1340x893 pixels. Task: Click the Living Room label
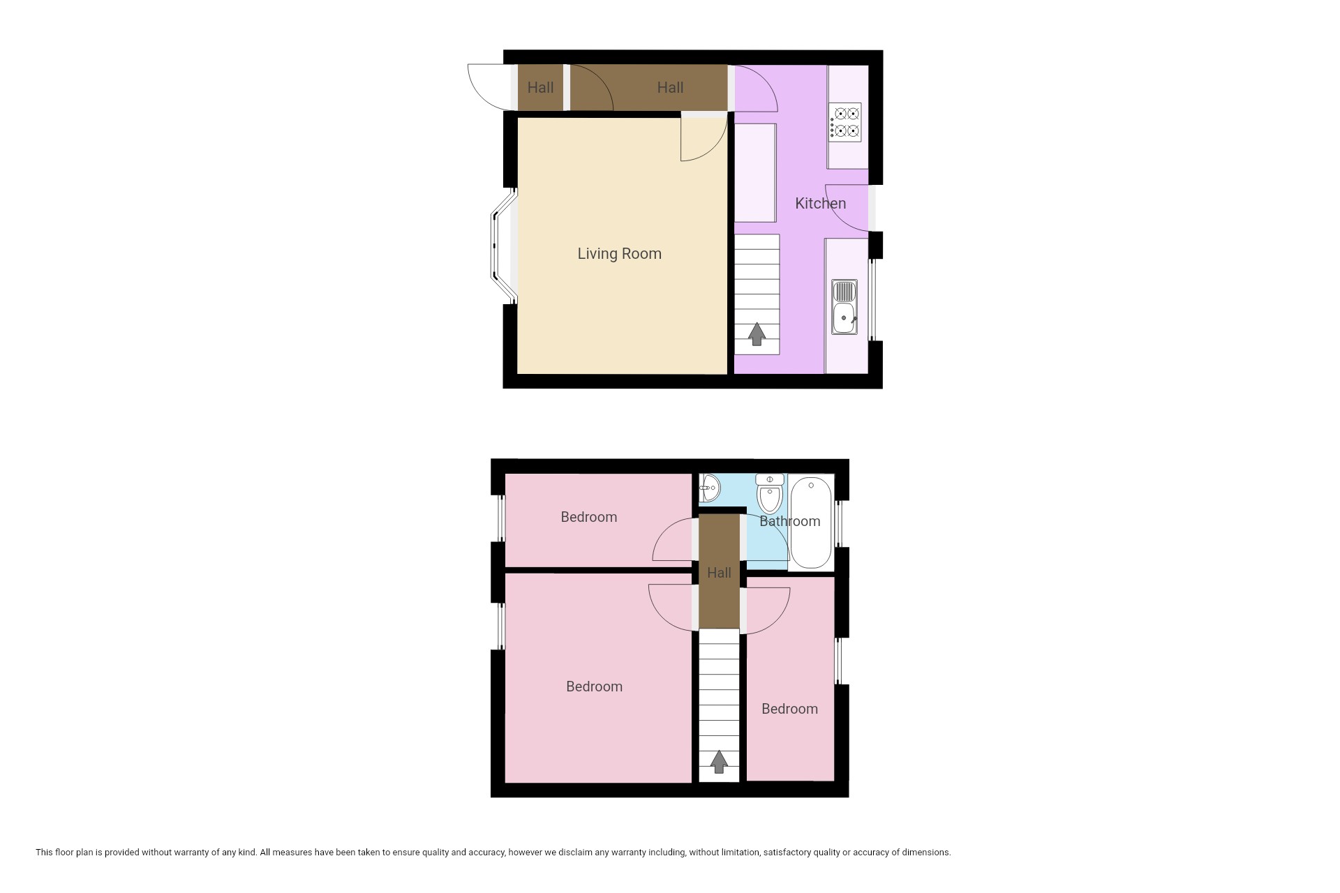[x=619, y=254]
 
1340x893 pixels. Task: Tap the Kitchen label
[x=820, y=204]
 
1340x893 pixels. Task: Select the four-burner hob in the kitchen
[x=844, y=122]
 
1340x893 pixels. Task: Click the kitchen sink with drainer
[x=844, y=306]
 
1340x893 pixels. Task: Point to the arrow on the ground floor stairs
[x=757, y=334]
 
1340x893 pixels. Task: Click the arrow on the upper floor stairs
[x=719, y=762]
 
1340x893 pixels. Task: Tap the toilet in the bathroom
[x=770, y=494]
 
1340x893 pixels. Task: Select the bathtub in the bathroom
[x=811, y=523]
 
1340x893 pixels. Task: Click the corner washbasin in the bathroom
[x=709, y=488]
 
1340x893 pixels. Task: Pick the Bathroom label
[x=789, y=521]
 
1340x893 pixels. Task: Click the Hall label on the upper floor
[x=719, y=573]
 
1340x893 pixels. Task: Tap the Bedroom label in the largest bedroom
[x=594, y=686]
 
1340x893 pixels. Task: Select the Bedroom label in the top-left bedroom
[x=589, y=517]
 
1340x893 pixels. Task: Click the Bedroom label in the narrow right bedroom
[x=789, y=709]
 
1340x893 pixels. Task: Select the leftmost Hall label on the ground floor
[x=540, y=88]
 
